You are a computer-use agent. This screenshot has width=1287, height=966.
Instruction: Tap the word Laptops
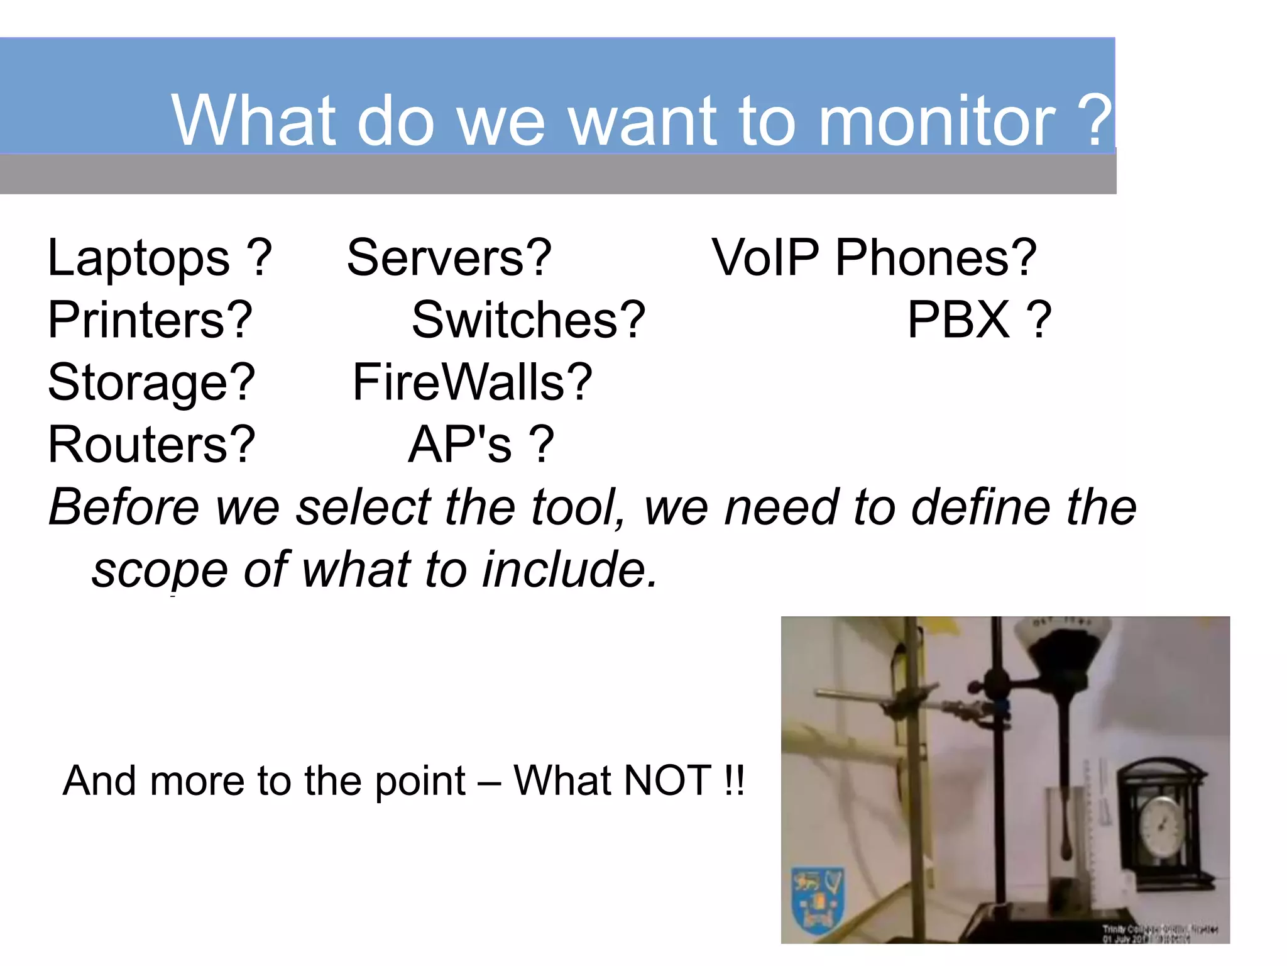pyautogui.click(x=138, y=258)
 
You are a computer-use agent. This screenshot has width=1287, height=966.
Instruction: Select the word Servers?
pyautogui.click(x=449, y=258)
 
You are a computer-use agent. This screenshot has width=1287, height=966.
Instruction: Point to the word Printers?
pyautogui.click(x=150, y=320)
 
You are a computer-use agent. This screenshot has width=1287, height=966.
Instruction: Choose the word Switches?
pyautogui.click(x=528, y=320)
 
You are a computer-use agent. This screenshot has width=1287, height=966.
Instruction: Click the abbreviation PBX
pyautogui.click(x=958, y=320)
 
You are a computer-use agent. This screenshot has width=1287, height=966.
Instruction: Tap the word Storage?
pyautogui.click(x=151, y=382)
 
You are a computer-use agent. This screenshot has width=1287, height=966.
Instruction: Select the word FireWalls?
pyautogui.click(x=472, y=382)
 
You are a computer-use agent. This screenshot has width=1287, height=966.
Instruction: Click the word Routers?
pyautogui.click(x=151, y=445)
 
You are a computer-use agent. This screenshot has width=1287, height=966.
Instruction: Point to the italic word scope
pyautogui.click(x=160, y=570)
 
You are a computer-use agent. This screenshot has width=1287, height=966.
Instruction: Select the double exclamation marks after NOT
pyautogui.click(x=733, y=781)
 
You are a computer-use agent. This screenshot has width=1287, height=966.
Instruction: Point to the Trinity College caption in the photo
pyautogui.click(x=1159, y=933)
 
